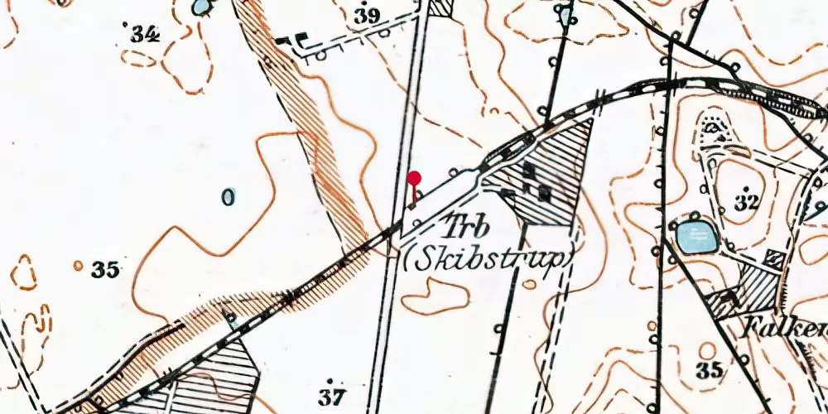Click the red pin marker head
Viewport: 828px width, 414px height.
(x=414, y=177)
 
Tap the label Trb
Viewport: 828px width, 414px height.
(x=467, y=227)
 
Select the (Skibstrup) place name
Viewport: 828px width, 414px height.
(x=490, y=258)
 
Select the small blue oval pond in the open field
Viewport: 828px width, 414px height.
(x=229, y=197)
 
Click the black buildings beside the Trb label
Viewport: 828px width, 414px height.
(x=536, y=184)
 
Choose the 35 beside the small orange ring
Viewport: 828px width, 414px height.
(x=106, y=269)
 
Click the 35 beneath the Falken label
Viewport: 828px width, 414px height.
(x=709, y=369)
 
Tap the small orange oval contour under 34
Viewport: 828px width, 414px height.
(x=138, y=59)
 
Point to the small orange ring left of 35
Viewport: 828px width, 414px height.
(x=78, y=266)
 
